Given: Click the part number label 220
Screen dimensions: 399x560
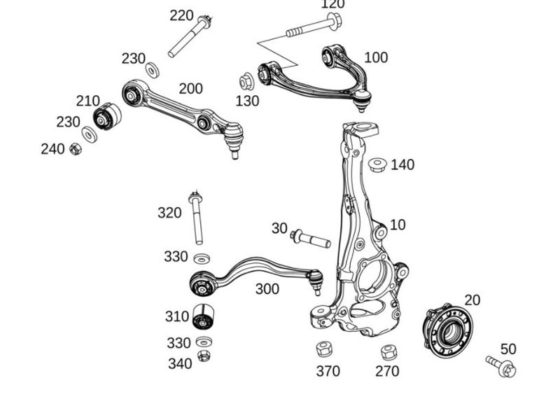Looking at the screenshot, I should (182, 15).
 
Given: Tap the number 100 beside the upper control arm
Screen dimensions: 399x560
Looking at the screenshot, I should (376, 57).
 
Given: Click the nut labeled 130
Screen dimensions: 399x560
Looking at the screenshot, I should (246, 82).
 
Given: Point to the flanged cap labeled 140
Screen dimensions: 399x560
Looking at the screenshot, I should (379, 164).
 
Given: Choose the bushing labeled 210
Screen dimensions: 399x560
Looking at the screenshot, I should (107, 116).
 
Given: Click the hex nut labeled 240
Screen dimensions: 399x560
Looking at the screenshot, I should (76, 148).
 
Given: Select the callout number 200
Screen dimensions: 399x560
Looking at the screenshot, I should (190, 89).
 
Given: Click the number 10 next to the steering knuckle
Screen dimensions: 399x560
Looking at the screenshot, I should (398, 225).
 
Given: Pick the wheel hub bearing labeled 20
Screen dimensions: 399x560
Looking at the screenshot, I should (447, 331).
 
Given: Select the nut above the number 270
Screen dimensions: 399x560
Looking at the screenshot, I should (388, 351).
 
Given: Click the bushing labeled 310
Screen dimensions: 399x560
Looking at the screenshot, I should (203, 316).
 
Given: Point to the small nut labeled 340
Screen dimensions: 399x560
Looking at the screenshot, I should (204, 355).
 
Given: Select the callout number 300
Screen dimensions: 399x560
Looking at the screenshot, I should (267, 289).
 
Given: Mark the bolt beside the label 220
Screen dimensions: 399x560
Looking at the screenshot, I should (190, 36).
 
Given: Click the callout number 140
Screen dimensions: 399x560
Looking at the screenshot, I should (402, 165).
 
